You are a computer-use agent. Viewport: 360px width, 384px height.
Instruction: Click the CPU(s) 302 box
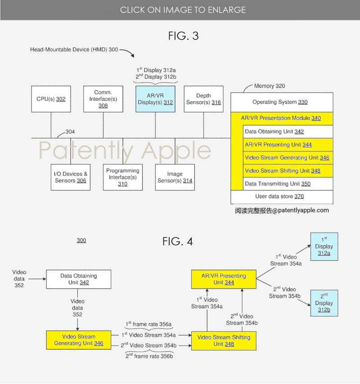tap(51, 99)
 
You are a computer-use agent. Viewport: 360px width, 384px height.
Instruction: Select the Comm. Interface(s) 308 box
tap(103, 99)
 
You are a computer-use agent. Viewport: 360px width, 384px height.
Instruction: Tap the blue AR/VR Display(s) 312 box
tap(155, 99)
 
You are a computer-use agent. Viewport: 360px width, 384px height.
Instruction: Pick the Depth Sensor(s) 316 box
tap(203, 99)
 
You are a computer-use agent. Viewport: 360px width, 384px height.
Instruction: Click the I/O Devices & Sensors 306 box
tap(71, 177)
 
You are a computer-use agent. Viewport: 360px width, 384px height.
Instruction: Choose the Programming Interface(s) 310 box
tap(123, 177)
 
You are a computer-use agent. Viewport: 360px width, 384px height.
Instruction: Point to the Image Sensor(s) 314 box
tap(175, 177)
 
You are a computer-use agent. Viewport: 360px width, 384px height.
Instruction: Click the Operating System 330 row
tap(282, 102)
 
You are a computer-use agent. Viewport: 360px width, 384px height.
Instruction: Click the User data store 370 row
tap(282, 197)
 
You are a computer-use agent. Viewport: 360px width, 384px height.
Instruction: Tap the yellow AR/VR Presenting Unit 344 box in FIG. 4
tap(224, 279)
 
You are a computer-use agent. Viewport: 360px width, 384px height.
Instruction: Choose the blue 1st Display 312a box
tap(324, 246)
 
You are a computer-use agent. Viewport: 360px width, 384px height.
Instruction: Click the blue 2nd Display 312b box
tap(324, 303)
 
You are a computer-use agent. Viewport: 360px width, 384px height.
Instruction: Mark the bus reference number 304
tap(70, 132)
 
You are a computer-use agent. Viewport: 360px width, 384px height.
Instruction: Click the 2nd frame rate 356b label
tap(149, 356)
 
